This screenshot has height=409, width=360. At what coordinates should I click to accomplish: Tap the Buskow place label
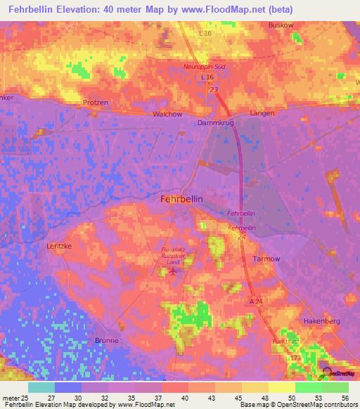[x=281, y=25]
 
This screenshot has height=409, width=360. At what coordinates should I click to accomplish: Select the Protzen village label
[x=96, y=103]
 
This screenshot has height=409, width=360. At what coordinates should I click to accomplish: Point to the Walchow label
[x=167, y=114]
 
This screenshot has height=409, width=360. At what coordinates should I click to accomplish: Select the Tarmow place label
[x=266, y=259]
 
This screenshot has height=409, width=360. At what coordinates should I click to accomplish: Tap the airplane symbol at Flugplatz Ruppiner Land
[x=174, y=271]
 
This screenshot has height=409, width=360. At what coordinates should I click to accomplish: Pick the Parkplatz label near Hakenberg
[x=285, y=342]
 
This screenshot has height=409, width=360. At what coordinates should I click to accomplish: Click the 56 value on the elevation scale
[x=345, y=398]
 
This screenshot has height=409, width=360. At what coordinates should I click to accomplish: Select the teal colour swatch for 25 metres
[x=41, y=387]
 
